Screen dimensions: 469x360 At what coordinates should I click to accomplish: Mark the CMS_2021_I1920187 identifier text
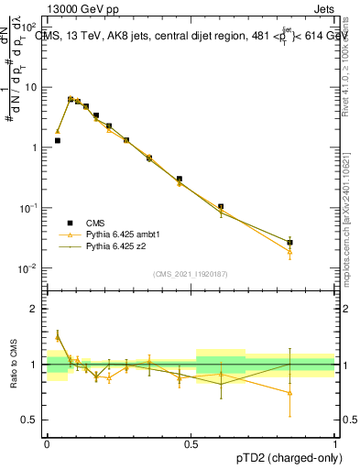pos(191,274)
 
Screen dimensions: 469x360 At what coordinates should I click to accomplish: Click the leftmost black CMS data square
pos(57,140)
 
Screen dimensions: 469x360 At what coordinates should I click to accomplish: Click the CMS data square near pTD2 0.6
pos(221,207)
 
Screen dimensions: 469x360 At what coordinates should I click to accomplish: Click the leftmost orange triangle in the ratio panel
pos(57,338)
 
